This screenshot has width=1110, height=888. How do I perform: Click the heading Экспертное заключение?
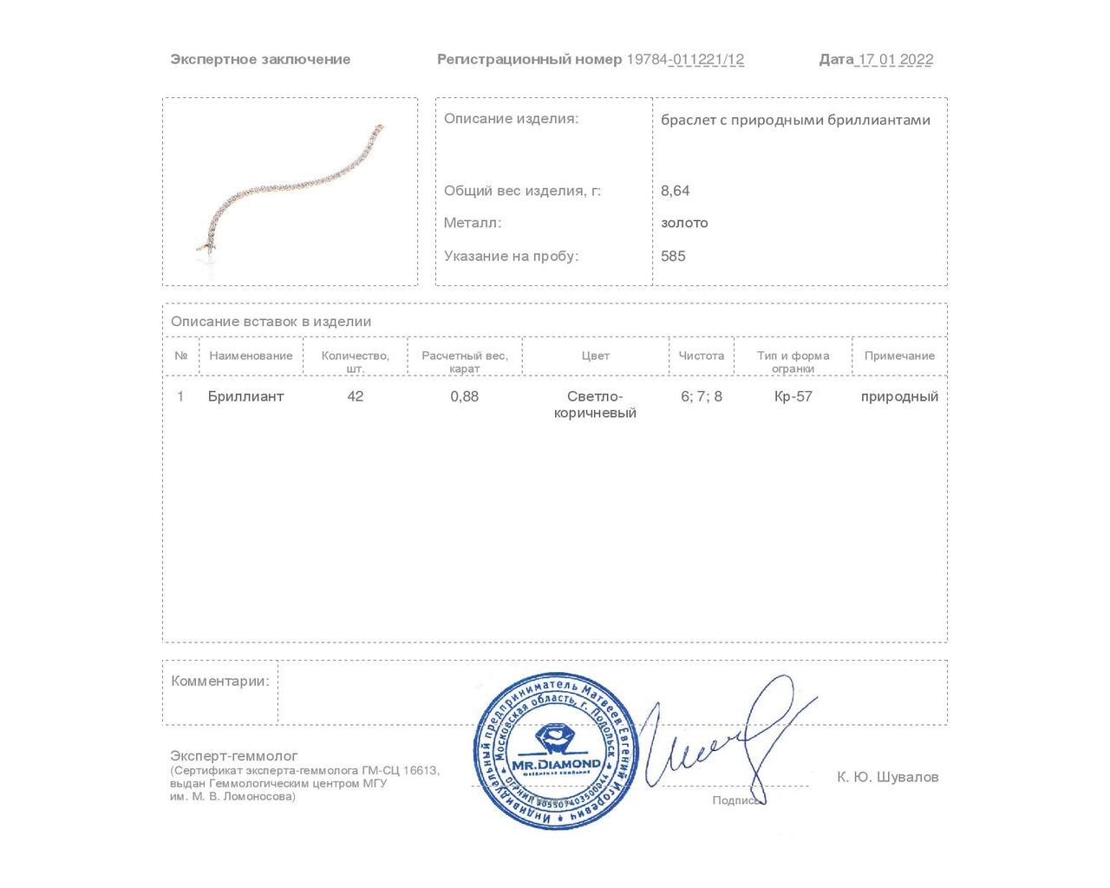pyautogui.click(x=260, y=60)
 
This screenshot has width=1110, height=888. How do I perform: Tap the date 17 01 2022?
pyautogui.click(x=895, y=60)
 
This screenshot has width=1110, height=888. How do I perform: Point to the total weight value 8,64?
pyautogui.click(x=676, y=191)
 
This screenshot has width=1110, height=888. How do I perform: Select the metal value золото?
pyautogui.click(x=684, y=223)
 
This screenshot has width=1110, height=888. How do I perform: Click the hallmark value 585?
pyautogui.click(x=673, y=256)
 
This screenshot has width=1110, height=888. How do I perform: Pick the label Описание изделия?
pyautogui.click(x=511, y=119)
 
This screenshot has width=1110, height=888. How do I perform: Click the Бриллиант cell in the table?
pyautogui.click(x=246, y=396)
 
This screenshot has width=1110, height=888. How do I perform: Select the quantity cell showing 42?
pyautogui.click(x=356, y=396)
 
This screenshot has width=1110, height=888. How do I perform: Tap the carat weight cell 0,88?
pyautogui.click(x=465, y=396)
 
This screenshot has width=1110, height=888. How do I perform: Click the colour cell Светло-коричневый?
pyautogui.click(x=595, y=404)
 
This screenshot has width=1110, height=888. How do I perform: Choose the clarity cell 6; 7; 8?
pyautogui.click(x=702, y=396)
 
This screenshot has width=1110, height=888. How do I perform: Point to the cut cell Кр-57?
pyautogui.click(x=793, y=396)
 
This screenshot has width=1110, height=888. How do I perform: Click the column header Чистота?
pyautogui.click(x=701, y=356)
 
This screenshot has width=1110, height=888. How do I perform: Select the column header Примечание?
pyautogui.click(x=899, y=356)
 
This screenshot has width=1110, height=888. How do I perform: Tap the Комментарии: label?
pyautogui.click(x=220, y=682)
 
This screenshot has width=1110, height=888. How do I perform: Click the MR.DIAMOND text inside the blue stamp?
pyautogui.click(x=556, y=764)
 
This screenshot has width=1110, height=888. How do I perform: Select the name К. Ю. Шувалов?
pyautogui.click(x=887, y=777)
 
